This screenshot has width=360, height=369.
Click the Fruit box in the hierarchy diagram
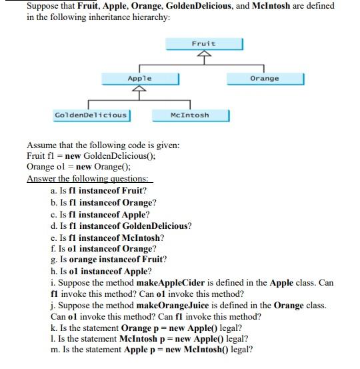pyautogui.click(x=203, y=43)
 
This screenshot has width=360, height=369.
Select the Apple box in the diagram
pyautogui.click(x=140, y=79)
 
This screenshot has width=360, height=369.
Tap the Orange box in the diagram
pyautogui.click(x=265, y=79)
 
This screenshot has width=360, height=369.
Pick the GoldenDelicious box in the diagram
pyautogui.click(x=91, y=115)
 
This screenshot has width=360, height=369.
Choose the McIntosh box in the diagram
pyautogui.click(x=191, y=115)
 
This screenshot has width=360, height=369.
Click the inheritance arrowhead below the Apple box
pyautogui.click(x=140, y=91)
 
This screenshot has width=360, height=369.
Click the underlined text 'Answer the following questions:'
pyautogui.click(x=90, y=177)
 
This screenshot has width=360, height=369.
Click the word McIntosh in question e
pyautogui.click(x=141, y=238)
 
